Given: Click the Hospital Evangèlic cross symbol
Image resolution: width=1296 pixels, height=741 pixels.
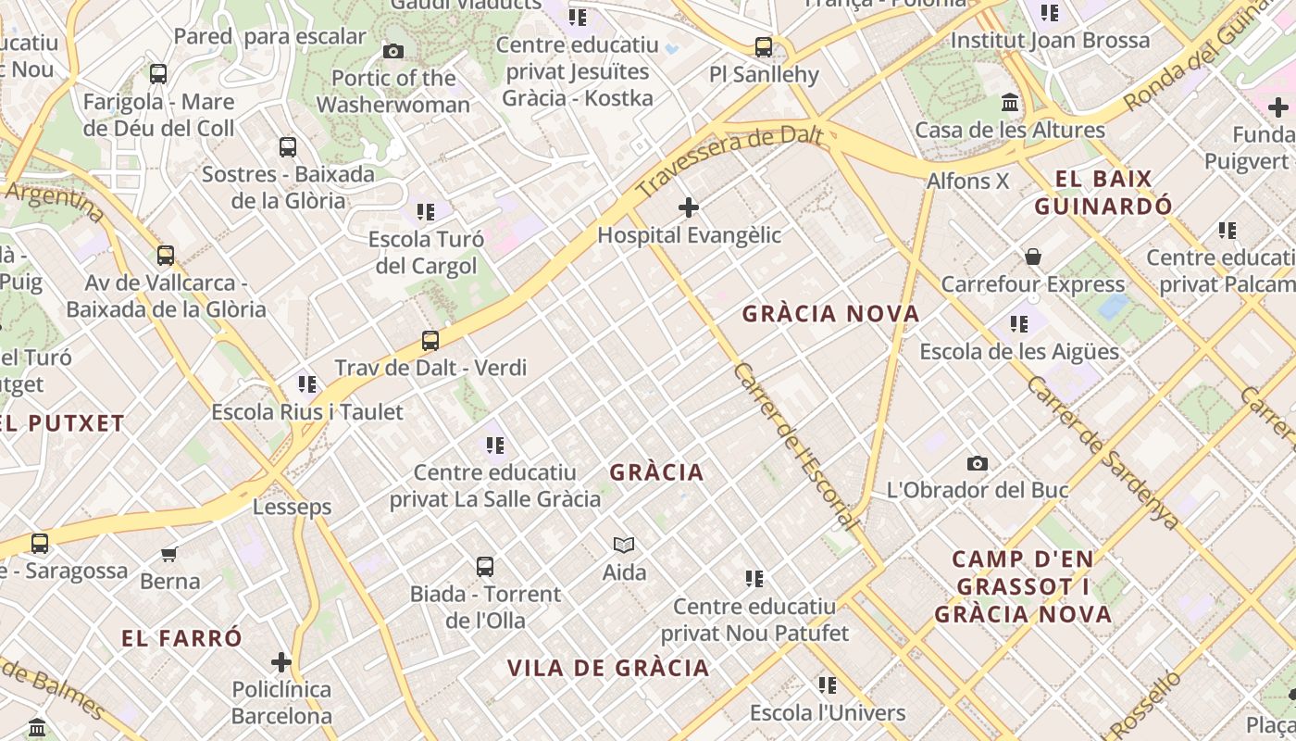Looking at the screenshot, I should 689,207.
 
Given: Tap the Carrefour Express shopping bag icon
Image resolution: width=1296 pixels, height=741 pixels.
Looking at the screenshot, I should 1033,257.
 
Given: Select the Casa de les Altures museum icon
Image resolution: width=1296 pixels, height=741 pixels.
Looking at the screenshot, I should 1010,103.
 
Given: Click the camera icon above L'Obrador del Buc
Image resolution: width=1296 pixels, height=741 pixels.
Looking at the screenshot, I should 977,463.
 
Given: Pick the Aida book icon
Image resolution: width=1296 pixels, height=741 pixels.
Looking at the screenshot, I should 624,546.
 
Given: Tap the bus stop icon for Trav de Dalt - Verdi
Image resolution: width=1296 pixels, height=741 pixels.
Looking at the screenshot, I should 430,340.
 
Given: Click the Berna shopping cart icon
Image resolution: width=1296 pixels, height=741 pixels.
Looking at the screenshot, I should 169,554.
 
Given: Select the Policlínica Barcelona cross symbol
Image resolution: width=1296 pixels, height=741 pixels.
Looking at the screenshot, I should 281,662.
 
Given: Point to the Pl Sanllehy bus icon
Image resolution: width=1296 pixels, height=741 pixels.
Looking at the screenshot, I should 764,47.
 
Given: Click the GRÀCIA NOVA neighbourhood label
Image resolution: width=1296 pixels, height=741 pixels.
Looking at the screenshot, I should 831,314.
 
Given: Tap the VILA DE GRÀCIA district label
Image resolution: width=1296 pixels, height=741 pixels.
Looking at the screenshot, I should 608,668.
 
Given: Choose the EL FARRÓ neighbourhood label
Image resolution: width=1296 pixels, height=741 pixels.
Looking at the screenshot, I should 182,638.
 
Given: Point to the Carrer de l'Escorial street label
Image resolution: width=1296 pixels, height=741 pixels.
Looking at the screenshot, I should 795,446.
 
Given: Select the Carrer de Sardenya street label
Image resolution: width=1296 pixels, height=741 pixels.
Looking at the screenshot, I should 1103,453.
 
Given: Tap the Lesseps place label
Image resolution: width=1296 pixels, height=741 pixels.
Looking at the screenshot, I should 293,507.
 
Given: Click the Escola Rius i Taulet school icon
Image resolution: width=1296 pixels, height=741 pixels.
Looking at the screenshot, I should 307,383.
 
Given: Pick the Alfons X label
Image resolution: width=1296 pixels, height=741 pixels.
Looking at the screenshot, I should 968,181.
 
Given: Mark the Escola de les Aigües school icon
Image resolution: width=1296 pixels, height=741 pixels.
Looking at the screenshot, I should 1019,324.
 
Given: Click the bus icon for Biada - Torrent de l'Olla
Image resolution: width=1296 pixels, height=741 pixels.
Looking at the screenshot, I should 485,567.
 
